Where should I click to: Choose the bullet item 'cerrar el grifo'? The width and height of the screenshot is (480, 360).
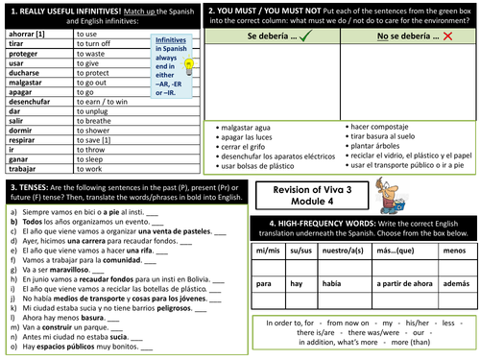[x=244, y=147]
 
